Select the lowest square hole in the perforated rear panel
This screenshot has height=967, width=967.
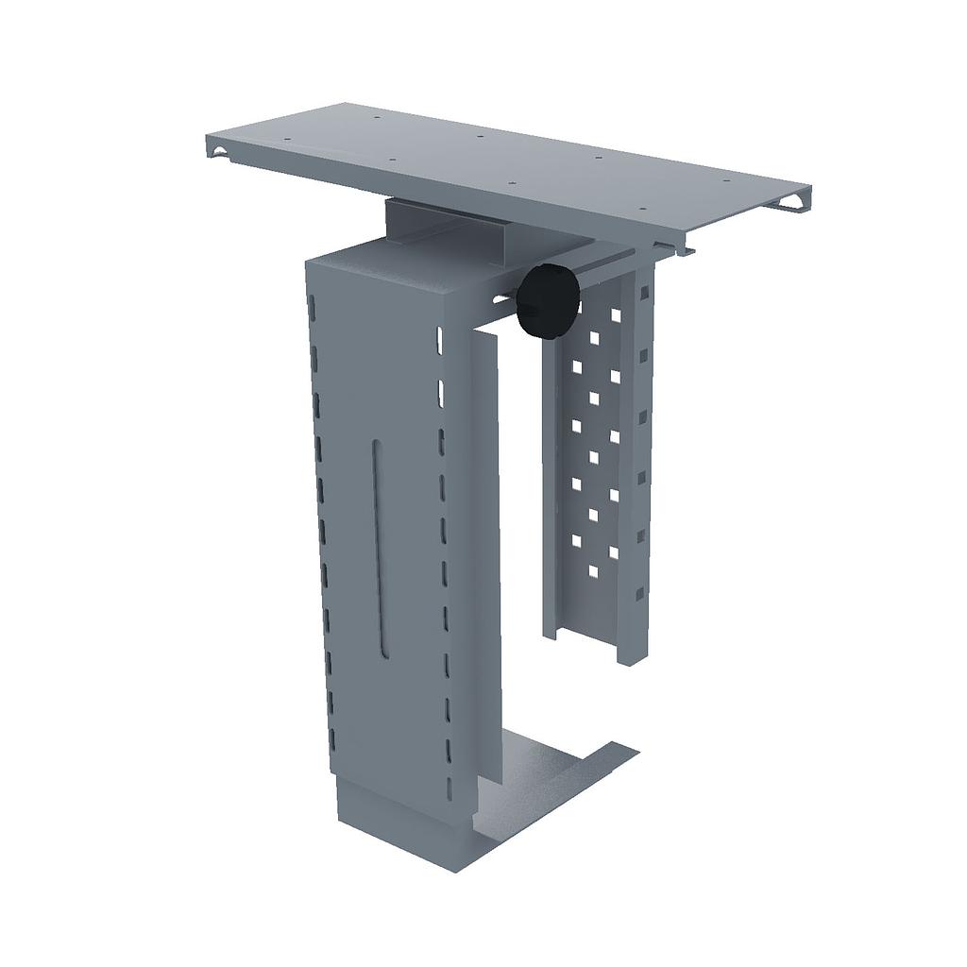pos(594,570)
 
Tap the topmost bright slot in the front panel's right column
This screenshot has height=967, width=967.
pos(440,337)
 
